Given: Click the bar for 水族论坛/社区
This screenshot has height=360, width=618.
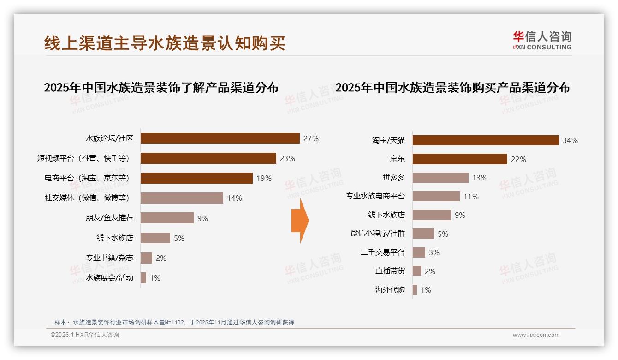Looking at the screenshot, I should click(220, 138).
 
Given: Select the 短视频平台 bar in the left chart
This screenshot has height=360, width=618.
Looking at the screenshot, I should click(208, 158).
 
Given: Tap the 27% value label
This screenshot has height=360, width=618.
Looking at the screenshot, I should click(311, 138).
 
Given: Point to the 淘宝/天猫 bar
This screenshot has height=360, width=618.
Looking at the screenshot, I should click(486, 140).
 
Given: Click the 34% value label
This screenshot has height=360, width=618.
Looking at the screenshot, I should click(570, 140).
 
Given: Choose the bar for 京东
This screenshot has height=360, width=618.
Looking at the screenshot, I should click(460, 159).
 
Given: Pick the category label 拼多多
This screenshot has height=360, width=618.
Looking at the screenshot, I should click(393, 178).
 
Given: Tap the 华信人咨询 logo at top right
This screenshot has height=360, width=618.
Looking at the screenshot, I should click(542, 40).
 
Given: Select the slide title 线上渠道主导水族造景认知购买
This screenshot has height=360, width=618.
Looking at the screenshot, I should click(165, 43).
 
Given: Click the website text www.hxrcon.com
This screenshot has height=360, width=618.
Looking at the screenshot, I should click(536, 335).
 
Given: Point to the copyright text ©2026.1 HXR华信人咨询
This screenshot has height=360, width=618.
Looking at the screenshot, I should click(85, 335).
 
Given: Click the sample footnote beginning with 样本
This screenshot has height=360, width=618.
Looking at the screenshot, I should click(174, 322).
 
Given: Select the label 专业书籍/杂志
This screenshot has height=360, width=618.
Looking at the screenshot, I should click(109, 258).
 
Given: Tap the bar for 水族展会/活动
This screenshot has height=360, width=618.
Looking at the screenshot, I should click(143, 278).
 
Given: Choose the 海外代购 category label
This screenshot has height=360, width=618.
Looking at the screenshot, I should click(390, 290).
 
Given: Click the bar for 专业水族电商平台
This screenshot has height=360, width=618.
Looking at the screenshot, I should click(436, 196).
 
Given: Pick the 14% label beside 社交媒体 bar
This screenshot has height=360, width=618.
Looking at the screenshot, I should click(234, 198).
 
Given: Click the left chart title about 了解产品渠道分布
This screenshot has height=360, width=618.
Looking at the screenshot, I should click(161, 88).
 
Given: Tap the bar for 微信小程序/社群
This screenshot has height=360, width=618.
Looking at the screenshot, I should click(423, 234).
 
